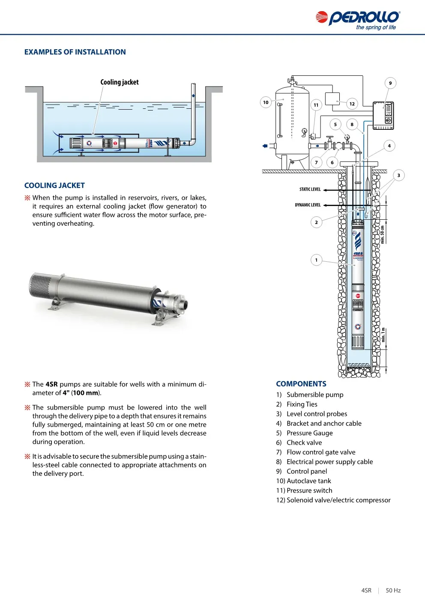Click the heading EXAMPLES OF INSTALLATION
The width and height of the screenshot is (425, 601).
[75, 52]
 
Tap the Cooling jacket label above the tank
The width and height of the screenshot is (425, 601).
[120, 82]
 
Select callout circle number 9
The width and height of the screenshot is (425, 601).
[390, 83]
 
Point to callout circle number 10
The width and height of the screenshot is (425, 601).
[266, 102]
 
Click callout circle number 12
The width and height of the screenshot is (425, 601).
[352, 104]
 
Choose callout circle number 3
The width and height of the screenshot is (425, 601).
[398, 175]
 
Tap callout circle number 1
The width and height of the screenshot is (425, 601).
[316, 260]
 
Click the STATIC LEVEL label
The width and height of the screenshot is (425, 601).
[310, 189]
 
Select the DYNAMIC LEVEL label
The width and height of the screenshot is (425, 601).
[308, 205]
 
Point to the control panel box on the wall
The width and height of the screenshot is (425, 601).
[383, 116]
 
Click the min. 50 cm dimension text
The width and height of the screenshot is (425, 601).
[383, 234]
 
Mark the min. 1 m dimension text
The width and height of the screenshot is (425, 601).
[383, 335]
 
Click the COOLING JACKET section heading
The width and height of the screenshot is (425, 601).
[54, 185]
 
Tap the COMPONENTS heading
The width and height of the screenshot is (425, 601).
[301, 384]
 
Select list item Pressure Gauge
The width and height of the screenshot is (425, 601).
[309, 433]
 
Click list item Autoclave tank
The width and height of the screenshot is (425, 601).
[308, 481]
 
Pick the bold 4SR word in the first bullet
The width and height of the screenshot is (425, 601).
[51, 384]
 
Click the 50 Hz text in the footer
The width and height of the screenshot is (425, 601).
[393, 590]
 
